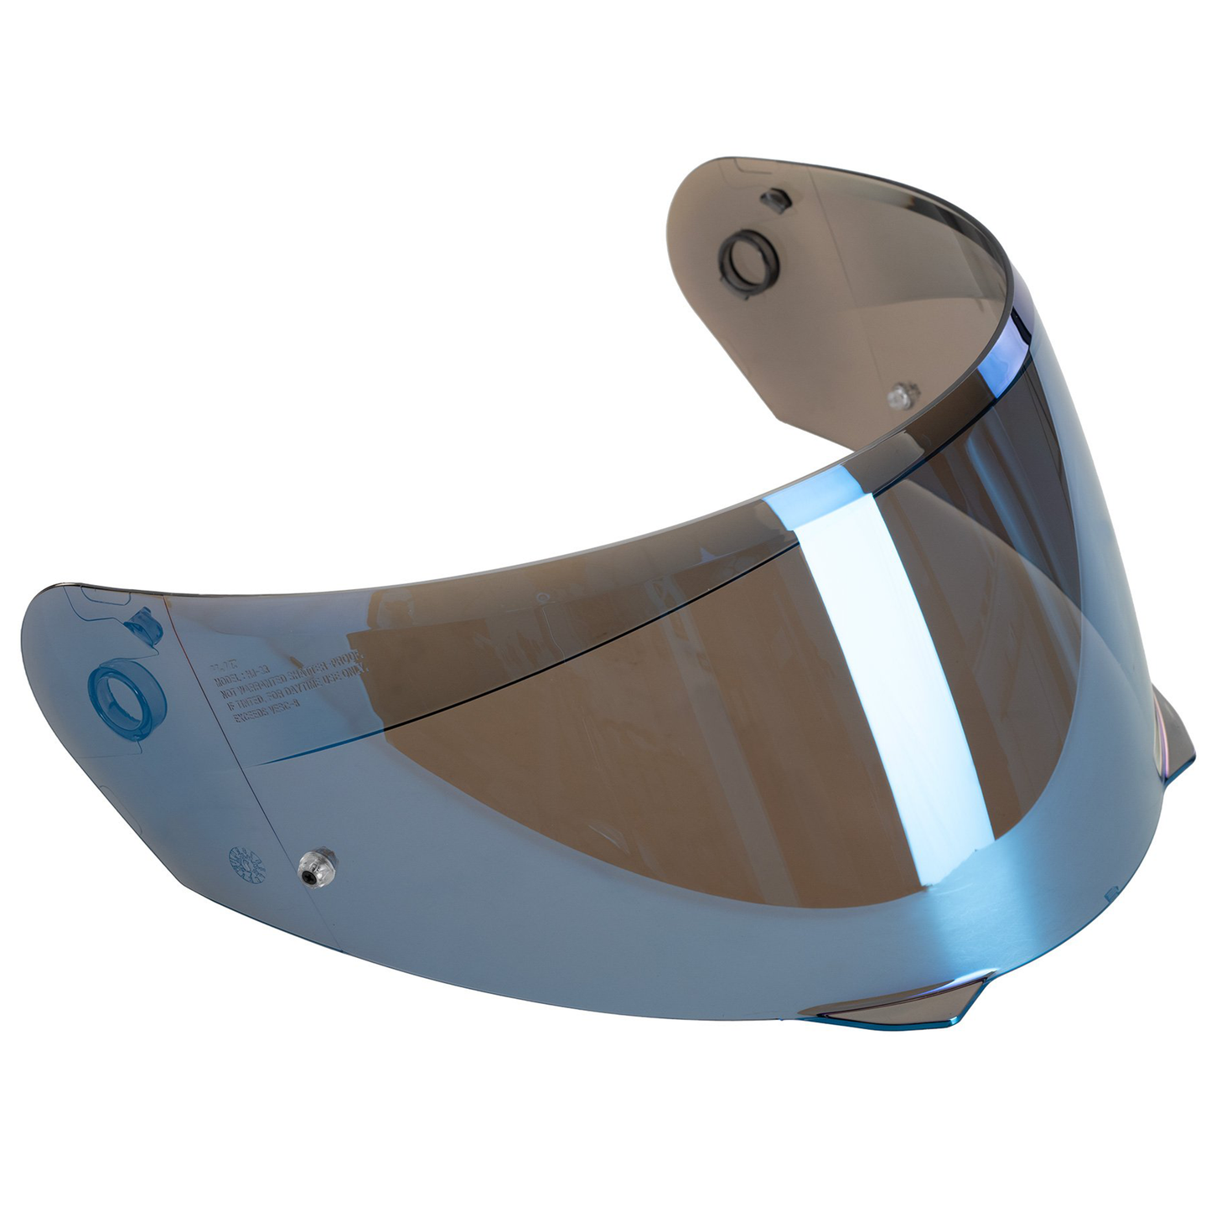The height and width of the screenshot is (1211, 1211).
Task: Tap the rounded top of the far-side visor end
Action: pos(721,168)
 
